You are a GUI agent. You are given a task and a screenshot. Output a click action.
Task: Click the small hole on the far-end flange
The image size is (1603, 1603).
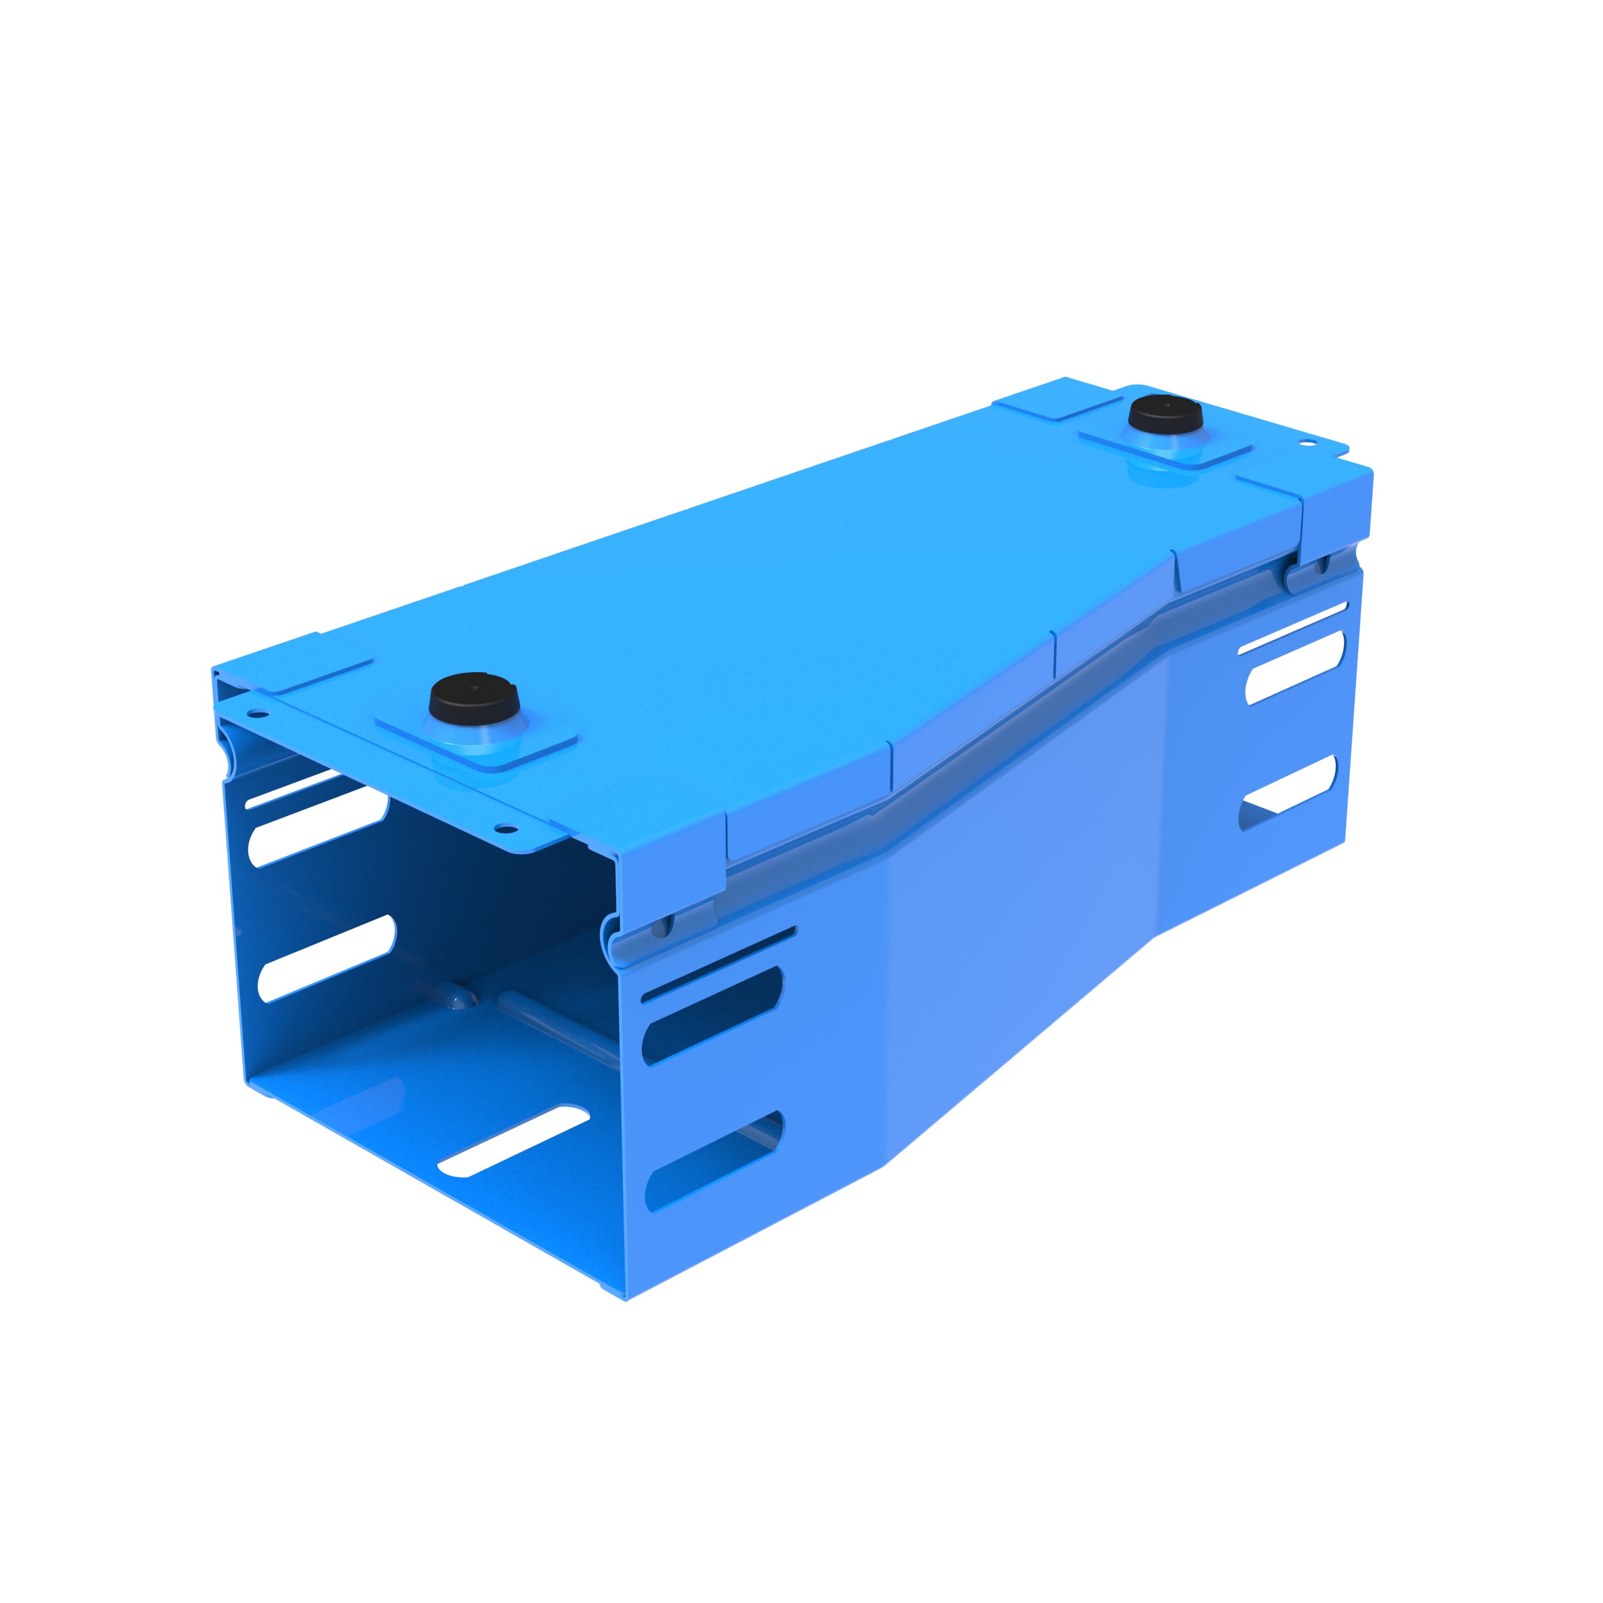[1309, 444]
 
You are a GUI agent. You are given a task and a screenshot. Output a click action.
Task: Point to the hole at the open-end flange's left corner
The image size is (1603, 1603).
[258, 713]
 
